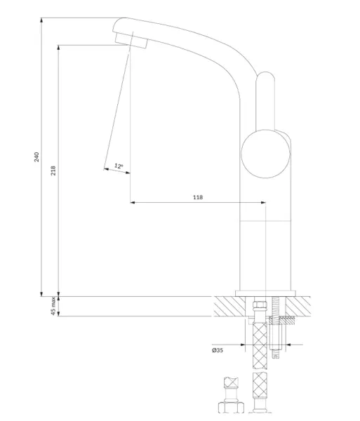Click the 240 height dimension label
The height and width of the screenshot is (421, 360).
coord(36,156)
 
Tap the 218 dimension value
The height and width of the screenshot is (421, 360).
coord(53,171)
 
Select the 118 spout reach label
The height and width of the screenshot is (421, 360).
coord(198,197)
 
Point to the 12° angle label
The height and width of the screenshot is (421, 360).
coord(119,166)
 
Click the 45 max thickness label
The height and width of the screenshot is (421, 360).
coord(53,306)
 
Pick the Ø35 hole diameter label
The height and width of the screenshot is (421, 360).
coord(218,350)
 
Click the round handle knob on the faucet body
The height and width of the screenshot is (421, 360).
coord(265,154)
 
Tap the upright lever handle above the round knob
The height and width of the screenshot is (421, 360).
coord(265,101)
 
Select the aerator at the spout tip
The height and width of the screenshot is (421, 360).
coord(131,41)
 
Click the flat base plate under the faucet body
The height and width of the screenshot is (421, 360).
coord(265,293)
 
